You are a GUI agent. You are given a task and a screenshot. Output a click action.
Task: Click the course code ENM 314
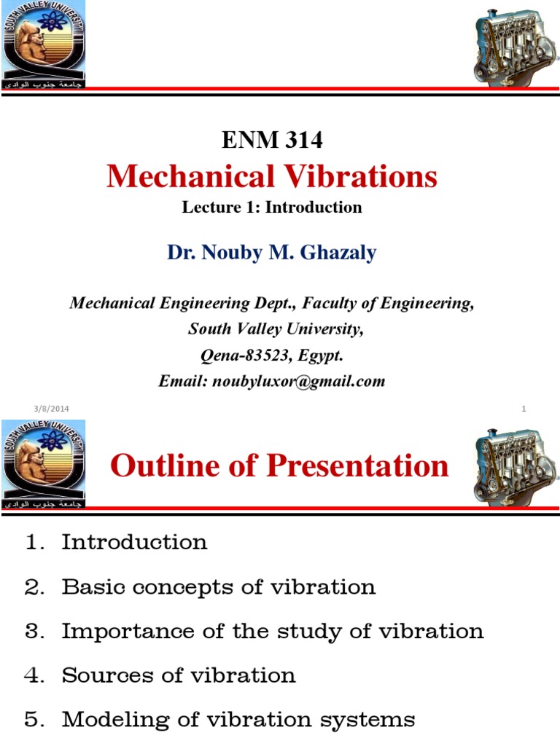(x=272, y=141)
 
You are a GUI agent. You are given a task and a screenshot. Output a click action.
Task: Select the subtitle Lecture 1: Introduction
(x=272, y=207)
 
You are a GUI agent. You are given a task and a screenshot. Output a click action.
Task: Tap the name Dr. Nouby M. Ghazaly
(x=272, y=252)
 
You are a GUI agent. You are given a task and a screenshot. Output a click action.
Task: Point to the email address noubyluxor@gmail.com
(x=298, y=381)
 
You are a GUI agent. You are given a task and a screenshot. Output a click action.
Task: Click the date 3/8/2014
(x=51, y=409)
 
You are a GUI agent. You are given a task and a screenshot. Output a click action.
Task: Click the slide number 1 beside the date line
(x=524, y=409)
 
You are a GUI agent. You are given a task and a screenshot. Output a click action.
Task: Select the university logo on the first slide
(x=44, y=44)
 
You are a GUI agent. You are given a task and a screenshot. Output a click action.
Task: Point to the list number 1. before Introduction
(x=36, y=543)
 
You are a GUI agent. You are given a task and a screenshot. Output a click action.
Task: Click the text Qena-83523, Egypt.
(x=272, y=356)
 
